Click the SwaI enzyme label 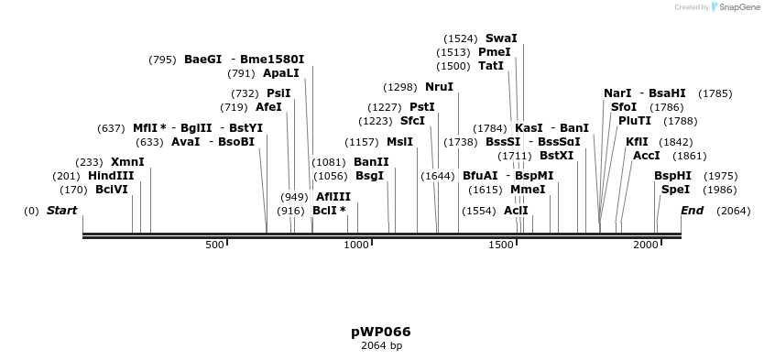tap(501, 38)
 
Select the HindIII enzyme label tap(111, 176)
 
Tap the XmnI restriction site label tap(127, 162)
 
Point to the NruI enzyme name tap(439, 87)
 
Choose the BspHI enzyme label tap(672, 176)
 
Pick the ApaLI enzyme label tap(280, 73)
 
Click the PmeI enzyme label tap(495, 52)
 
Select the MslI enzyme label tap(399, 142)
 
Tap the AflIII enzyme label tap(333, 197)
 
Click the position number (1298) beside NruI tap(400, 87)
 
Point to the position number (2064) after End tap(733, 211)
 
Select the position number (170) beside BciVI tap(73, 190)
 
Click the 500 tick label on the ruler tap(214, 245)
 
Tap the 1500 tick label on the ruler tap(501, 245)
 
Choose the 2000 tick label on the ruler tap(646, 245)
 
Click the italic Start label tap(61, 211)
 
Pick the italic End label tap(692, 211)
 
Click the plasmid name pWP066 tap(381, 332)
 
